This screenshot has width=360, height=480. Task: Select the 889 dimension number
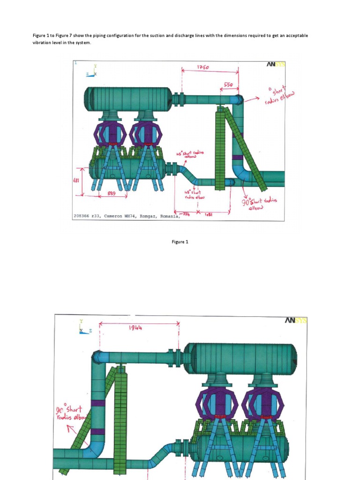[x=112, y=193]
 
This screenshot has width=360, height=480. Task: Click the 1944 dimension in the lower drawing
[x=135, y=328]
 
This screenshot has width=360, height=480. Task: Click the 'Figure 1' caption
[x=180, y=242]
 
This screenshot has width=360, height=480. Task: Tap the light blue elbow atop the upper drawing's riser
[x=237, y=99]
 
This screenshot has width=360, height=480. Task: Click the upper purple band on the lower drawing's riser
[x=98, y=403]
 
